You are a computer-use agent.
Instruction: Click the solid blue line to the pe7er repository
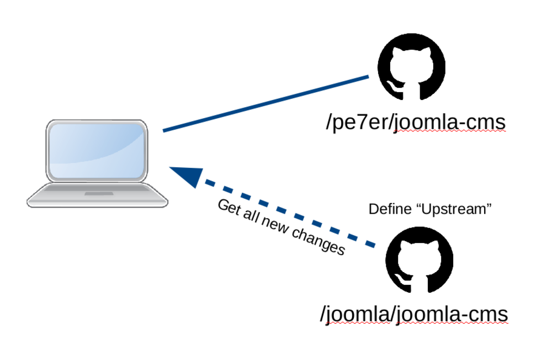tap(265, 104)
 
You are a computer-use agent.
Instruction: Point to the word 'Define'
tap(389, 209)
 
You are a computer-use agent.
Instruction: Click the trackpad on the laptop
tap(97, 194)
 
